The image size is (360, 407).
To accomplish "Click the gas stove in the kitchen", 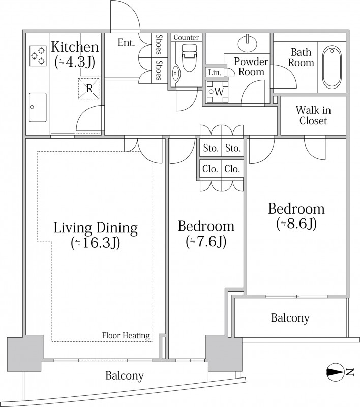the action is coord(38,55).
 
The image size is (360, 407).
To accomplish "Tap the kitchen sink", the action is coord(38,107).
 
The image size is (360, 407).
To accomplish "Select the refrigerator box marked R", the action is coord(89,89).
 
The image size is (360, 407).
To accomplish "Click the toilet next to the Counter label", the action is coord(189,57).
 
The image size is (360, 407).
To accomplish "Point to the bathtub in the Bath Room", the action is coord(332,67).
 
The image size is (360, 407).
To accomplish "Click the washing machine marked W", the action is coord(217,92).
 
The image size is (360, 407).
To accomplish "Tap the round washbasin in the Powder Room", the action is coord(248,42).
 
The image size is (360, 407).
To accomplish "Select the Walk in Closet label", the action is coord(313,115).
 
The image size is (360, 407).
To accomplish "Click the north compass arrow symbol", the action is coord(335,372).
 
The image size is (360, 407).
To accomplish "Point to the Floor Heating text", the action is coord(126,335).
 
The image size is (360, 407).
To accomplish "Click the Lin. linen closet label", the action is coord(215,72).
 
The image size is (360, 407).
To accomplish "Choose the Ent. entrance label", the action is coord(126,43).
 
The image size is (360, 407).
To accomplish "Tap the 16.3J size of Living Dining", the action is coord(96,243).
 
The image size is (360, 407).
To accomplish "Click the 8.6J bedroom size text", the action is coord(296,224).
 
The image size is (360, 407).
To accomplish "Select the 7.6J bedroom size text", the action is coord(206,242).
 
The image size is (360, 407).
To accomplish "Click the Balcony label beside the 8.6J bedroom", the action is coord(290,317).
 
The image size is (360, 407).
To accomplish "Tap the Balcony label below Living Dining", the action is coord(125,375).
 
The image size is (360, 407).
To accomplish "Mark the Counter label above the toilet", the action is coord(186,37).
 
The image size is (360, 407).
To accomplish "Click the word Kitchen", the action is coord(75,47).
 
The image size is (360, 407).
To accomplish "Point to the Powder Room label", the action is coord(251,67).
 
